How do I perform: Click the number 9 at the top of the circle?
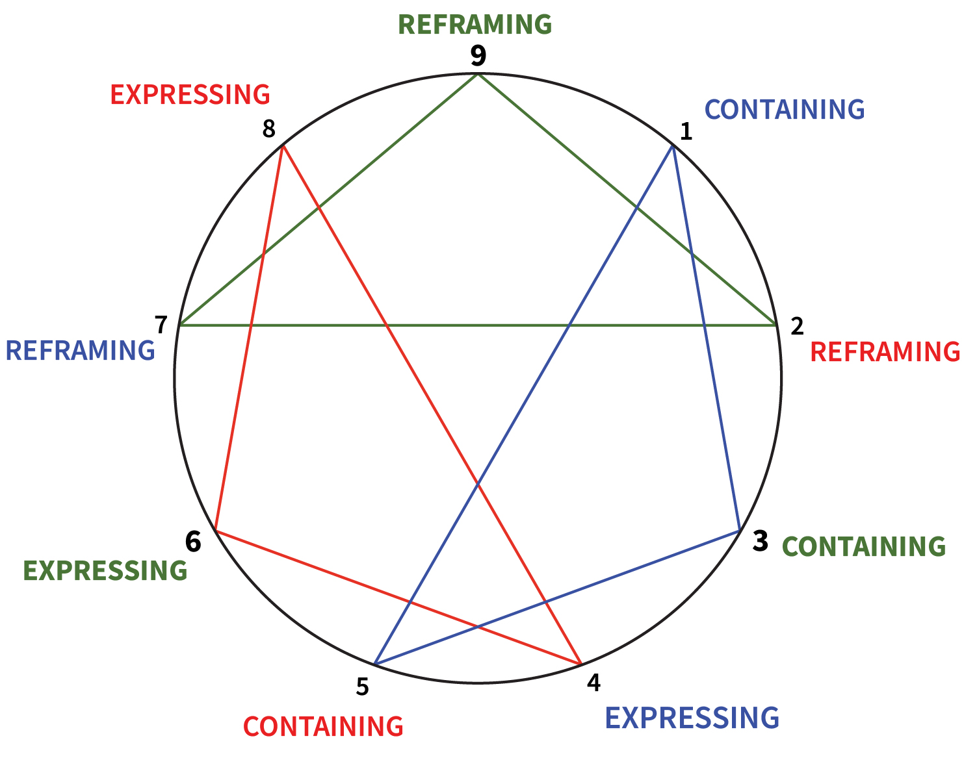point(478,56)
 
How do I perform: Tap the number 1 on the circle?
point(686,132)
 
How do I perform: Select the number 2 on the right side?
point(797,326)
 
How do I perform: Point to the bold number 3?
point(760,541)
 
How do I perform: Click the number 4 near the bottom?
point(593,683)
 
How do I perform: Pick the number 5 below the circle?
point(362,687)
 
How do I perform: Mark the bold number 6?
point(193,541)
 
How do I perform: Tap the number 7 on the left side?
point(161,323)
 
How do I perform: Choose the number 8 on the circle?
point(268,130)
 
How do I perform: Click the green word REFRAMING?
point(475,25)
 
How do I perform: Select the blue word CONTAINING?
point(785,110)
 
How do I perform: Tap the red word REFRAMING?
point(885,351)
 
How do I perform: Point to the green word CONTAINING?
point(863,546)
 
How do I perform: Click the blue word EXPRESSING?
point(692,718)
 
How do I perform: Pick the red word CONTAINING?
point(323,726)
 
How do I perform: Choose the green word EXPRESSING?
point(105,570)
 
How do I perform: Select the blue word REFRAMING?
point(80,351)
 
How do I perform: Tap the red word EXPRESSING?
point(190,95)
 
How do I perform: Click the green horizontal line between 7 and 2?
point(478,324)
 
